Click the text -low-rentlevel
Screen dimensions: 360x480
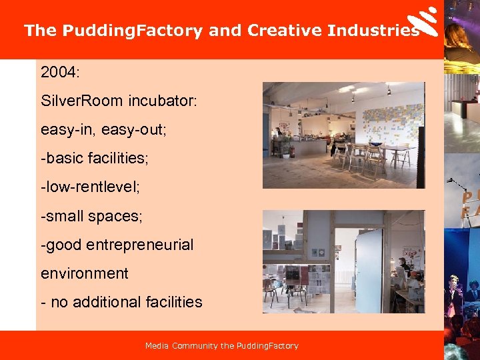click(x=90, y=186)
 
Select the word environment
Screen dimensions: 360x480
click(x=84, y=273)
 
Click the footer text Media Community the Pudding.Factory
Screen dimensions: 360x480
click(x=221, y=345)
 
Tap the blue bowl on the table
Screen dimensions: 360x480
click(x=376, y=143)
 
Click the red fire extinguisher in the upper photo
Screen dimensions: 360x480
click(x=291, y=151)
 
